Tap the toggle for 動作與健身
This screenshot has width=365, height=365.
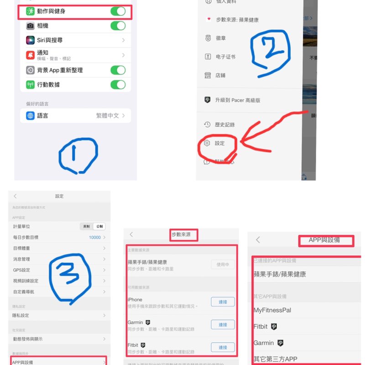(x=118, y=11)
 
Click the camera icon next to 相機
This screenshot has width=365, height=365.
(x=30, y=26)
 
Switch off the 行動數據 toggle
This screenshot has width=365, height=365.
(x=118, y=84)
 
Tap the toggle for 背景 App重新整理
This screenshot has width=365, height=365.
(x=118, y=70)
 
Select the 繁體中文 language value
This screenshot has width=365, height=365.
(x=107, y=116)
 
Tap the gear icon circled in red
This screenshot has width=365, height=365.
(x=207, y=143)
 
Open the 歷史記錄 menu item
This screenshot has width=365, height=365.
(x=224, y=125)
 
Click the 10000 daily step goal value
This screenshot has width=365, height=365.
(x=95, y=238)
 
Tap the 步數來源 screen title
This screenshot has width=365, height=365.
(x=184, y=234)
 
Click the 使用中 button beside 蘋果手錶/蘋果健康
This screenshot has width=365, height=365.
(x=223, y=265)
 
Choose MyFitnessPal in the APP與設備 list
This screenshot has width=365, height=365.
(x=272, y=310)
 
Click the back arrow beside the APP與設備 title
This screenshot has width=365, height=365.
(x=258, y=240)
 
